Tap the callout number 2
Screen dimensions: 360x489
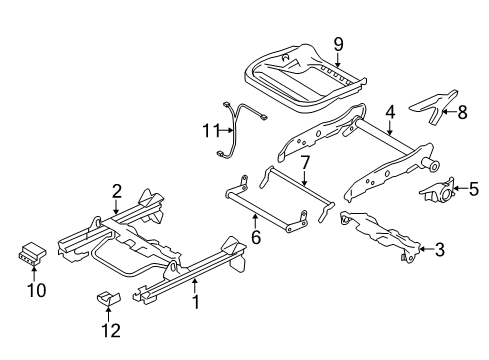coord(117,189)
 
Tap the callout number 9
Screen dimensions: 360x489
coord(339,44)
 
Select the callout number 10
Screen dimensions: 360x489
coord(35,290)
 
